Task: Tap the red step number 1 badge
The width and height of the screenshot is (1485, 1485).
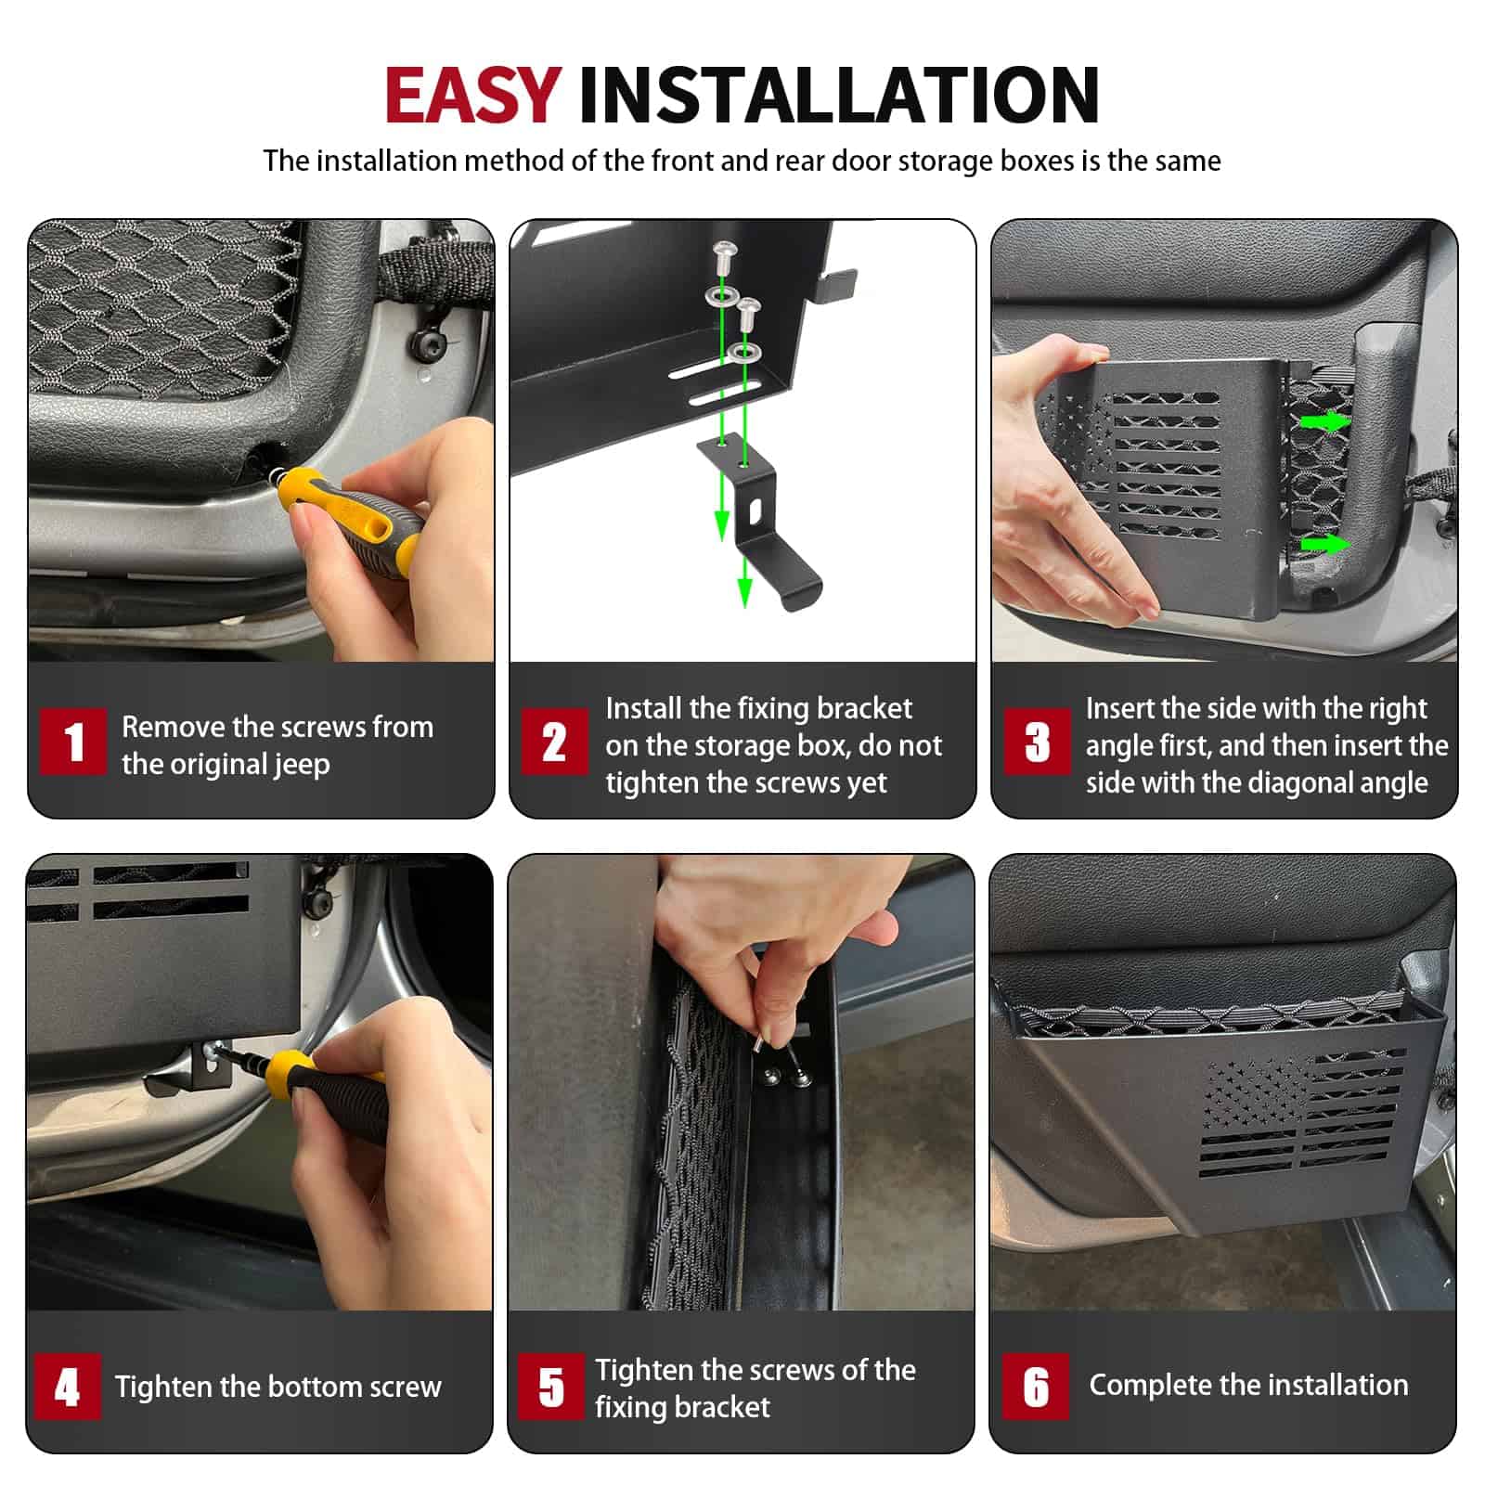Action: coord(73,742)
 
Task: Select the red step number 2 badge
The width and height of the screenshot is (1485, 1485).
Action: coord(554,742)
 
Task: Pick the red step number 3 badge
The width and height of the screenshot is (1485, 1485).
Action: coord(1037,742)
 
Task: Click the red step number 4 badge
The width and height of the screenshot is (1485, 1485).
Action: coord(68,1387)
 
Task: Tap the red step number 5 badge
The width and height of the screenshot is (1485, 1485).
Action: coord(550,1387)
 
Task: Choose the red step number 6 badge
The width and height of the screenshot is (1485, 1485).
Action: coord(1035,1387)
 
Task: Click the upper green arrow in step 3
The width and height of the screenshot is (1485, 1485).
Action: coord(1325,422)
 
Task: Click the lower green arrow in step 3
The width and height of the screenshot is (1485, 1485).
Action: coord(1325,544)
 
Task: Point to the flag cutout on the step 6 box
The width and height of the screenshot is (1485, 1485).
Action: coord(1304,1114)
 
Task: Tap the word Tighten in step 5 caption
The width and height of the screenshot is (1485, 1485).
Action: coord(644,1370)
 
